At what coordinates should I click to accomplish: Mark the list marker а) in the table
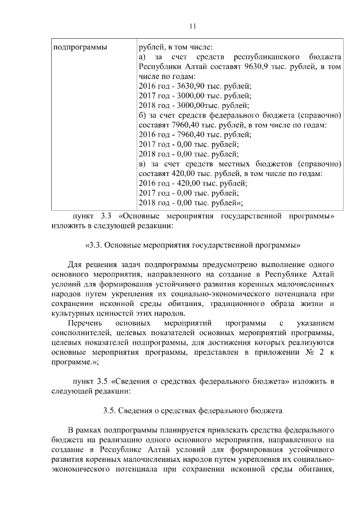[x=142, y=56]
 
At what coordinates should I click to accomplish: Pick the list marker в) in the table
[x=142, y=164]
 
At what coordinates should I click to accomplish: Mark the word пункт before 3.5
[x=80, y=381]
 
